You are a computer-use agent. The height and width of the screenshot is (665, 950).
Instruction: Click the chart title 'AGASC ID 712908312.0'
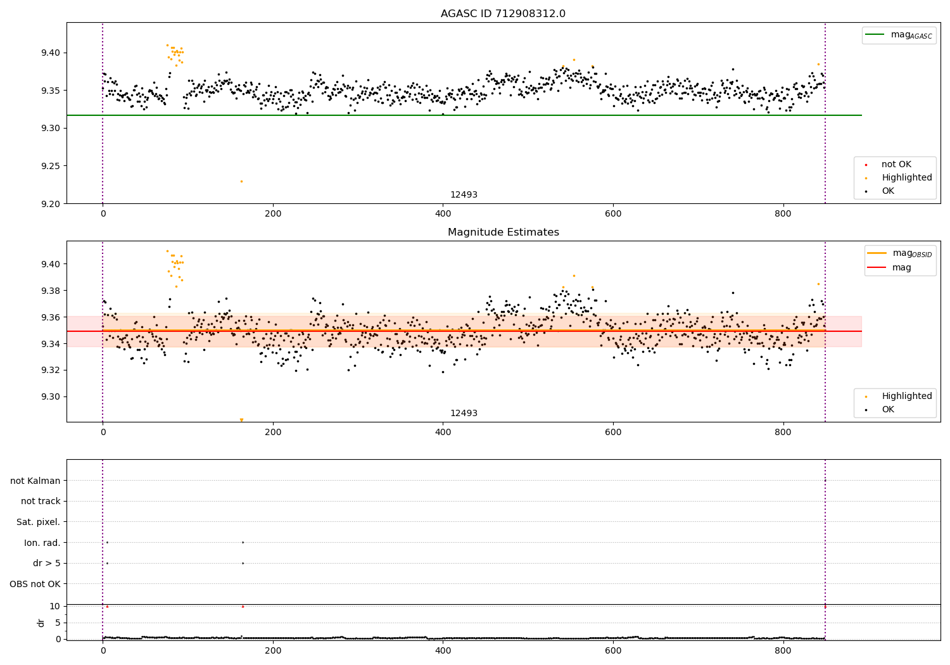503,14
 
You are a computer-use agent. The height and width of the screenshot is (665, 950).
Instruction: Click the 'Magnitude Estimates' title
503,232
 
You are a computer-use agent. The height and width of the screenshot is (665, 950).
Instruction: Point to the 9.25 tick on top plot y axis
50,166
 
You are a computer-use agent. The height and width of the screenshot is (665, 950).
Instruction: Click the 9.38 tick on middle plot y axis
50,291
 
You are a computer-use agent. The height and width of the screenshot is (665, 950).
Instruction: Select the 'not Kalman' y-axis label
35,481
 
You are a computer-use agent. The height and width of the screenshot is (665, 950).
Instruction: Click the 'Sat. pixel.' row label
39,522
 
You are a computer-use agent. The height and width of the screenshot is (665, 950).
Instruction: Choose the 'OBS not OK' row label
35,584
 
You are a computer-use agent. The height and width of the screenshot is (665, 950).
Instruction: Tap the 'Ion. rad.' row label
42,543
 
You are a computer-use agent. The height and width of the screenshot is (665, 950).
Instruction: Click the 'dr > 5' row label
47,563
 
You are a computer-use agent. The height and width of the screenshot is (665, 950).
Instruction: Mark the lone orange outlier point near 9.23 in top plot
241,181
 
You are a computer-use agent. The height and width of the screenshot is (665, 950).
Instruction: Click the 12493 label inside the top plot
464,195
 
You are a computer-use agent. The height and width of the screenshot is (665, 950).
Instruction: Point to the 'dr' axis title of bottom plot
41,623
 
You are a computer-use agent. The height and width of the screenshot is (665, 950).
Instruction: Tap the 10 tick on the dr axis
54,606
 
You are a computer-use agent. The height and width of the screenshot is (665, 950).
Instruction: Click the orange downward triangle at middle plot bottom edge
241,420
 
